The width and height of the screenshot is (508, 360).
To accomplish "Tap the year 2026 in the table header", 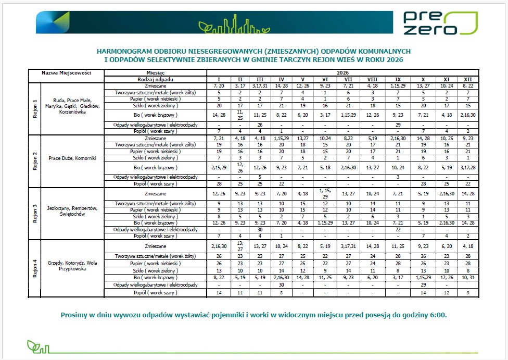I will pos(342,73).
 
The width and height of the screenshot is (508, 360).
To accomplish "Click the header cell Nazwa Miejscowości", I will pos(67,73).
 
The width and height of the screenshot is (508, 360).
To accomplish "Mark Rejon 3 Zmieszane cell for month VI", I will pos(325,193).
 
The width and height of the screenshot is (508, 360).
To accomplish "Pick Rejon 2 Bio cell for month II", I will pos(240,167).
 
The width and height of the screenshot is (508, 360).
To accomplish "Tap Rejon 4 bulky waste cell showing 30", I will pos(282,284).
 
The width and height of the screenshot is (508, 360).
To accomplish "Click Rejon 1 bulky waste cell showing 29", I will pos(397,125).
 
